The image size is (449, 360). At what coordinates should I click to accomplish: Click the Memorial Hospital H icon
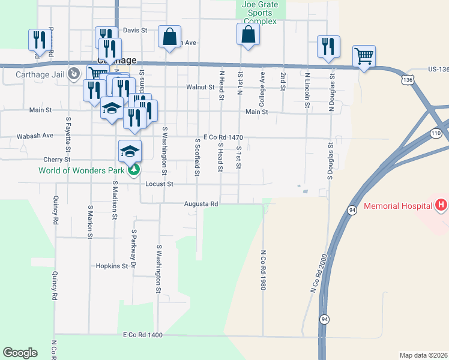coord(441,206)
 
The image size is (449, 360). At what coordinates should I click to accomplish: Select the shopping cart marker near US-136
coord(364,57)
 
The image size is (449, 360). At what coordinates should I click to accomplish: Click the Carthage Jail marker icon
coord(74,74)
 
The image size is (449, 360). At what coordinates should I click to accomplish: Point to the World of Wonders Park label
coord(81,170)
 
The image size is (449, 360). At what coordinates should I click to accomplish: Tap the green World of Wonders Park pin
coord(134,170)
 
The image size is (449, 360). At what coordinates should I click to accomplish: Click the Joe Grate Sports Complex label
coord(260,13)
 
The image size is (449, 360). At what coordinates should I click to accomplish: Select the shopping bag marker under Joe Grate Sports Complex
coord(248,35)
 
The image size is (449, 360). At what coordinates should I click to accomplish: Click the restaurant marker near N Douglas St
coord(328,47)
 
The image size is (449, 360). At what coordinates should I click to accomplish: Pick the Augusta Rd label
coord(201,204)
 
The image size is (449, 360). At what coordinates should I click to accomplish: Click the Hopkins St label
coord(112,266)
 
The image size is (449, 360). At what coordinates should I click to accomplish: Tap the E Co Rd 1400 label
coord(143,334)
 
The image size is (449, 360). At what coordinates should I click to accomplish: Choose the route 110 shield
coord(435,133)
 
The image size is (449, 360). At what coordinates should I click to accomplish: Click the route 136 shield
coord(408,79)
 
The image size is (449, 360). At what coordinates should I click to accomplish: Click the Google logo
coord(20,353)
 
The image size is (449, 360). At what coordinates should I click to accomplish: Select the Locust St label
coord(159,184)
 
